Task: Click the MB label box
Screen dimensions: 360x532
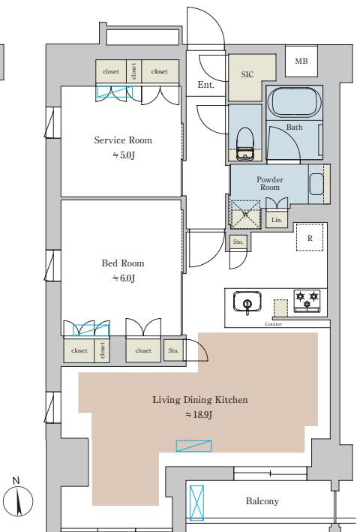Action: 301,61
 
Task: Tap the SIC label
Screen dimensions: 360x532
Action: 247,74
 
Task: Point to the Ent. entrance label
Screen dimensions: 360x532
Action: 205,85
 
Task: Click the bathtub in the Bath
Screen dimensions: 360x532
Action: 294,102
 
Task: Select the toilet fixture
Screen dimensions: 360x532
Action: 245,144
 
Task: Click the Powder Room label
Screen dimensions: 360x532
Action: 270,183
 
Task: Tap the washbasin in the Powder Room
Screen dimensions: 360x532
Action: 316,184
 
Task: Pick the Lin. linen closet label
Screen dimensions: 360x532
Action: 277,220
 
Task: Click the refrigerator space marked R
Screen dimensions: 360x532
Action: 310,237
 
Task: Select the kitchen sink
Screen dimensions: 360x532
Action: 247,302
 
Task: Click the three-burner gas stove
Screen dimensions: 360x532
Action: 307,301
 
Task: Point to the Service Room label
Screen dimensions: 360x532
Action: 123,140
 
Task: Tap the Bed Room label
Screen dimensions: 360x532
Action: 123,263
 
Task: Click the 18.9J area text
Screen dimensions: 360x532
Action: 199,415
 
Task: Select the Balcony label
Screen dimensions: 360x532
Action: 262,501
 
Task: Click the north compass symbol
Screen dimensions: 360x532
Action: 20,500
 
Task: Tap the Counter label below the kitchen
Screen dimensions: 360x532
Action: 273,324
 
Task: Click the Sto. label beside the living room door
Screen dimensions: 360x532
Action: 173,350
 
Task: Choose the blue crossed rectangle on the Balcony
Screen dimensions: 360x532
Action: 196,503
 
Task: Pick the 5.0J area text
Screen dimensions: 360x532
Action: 124,155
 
